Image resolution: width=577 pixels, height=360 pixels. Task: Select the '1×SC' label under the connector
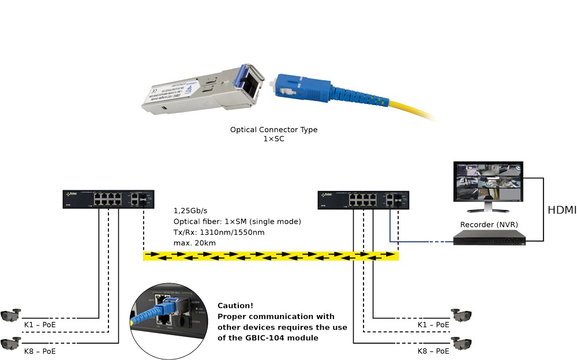point(273,139)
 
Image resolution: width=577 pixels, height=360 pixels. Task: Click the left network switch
point(109,199)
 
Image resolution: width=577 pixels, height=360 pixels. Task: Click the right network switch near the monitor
point(364,200)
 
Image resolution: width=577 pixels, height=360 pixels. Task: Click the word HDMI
point(561,211)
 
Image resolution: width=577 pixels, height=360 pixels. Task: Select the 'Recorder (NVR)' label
point(488,224)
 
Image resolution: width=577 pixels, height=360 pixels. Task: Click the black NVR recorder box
point(489,238)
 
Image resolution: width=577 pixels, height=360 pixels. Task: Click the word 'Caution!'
point(235,306)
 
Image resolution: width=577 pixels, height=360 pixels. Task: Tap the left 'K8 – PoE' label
point(40,350)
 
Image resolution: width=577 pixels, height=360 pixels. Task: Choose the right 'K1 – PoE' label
point(433,325)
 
